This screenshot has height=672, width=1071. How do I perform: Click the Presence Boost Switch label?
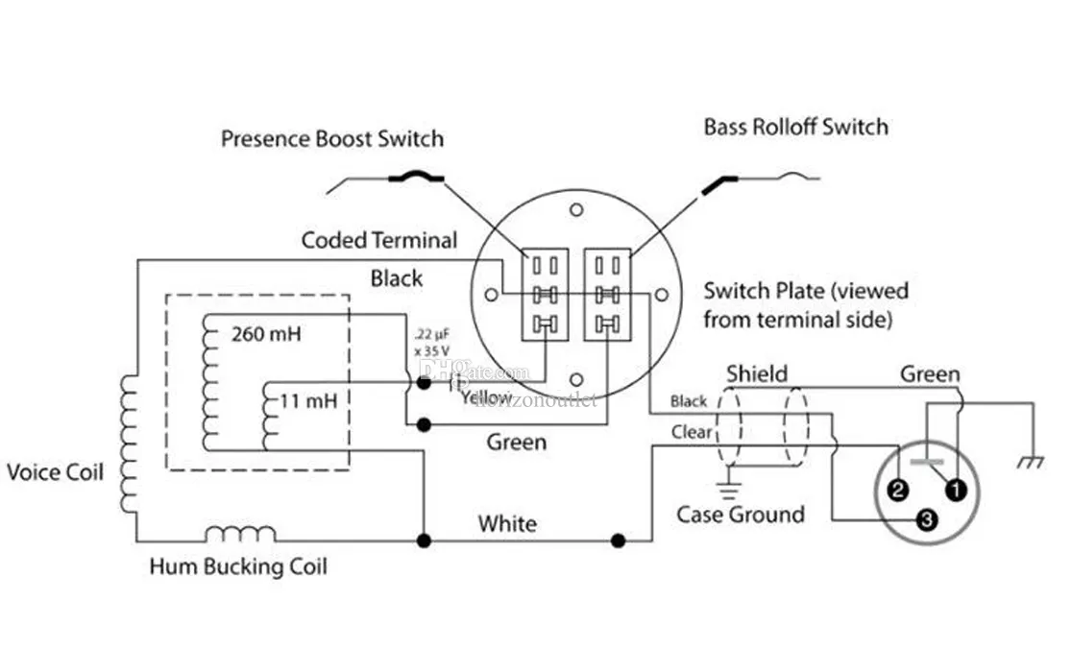coord(332,139)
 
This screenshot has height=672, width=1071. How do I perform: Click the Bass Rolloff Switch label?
coord(795,127)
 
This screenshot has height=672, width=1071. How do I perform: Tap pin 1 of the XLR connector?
coord(957,491)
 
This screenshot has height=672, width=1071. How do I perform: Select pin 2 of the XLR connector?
coord(898,492)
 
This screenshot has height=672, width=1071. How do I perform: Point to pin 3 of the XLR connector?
coord(926,520)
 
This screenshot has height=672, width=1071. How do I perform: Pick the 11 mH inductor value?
coord(307,401)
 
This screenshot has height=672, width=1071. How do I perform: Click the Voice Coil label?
coord(55,472)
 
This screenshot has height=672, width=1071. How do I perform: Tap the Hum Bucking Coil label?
coord(238,566)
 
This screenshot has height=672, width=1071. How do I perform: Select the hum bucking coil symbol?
coord(241,533)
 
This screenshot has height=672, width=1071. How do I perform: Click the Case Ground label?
coord(740,515)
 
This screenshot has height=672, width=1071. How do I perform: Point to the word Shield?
coord(757,373)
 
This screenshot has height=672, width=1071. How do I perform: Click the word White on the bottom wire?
coord(507,524)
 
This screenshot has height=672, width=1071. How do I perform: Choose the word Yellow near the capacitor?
coord(486,396)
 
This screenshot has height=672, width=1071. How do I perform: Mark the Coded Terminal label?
coord(379,240)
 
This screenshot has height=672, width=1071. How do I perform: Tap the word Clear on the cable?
coord(692,432)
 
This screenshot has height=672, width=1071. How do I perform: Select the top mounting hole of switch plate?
coord(575,208)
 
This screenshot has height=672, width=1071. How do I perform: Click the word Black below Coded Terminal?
coord(397,278)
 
